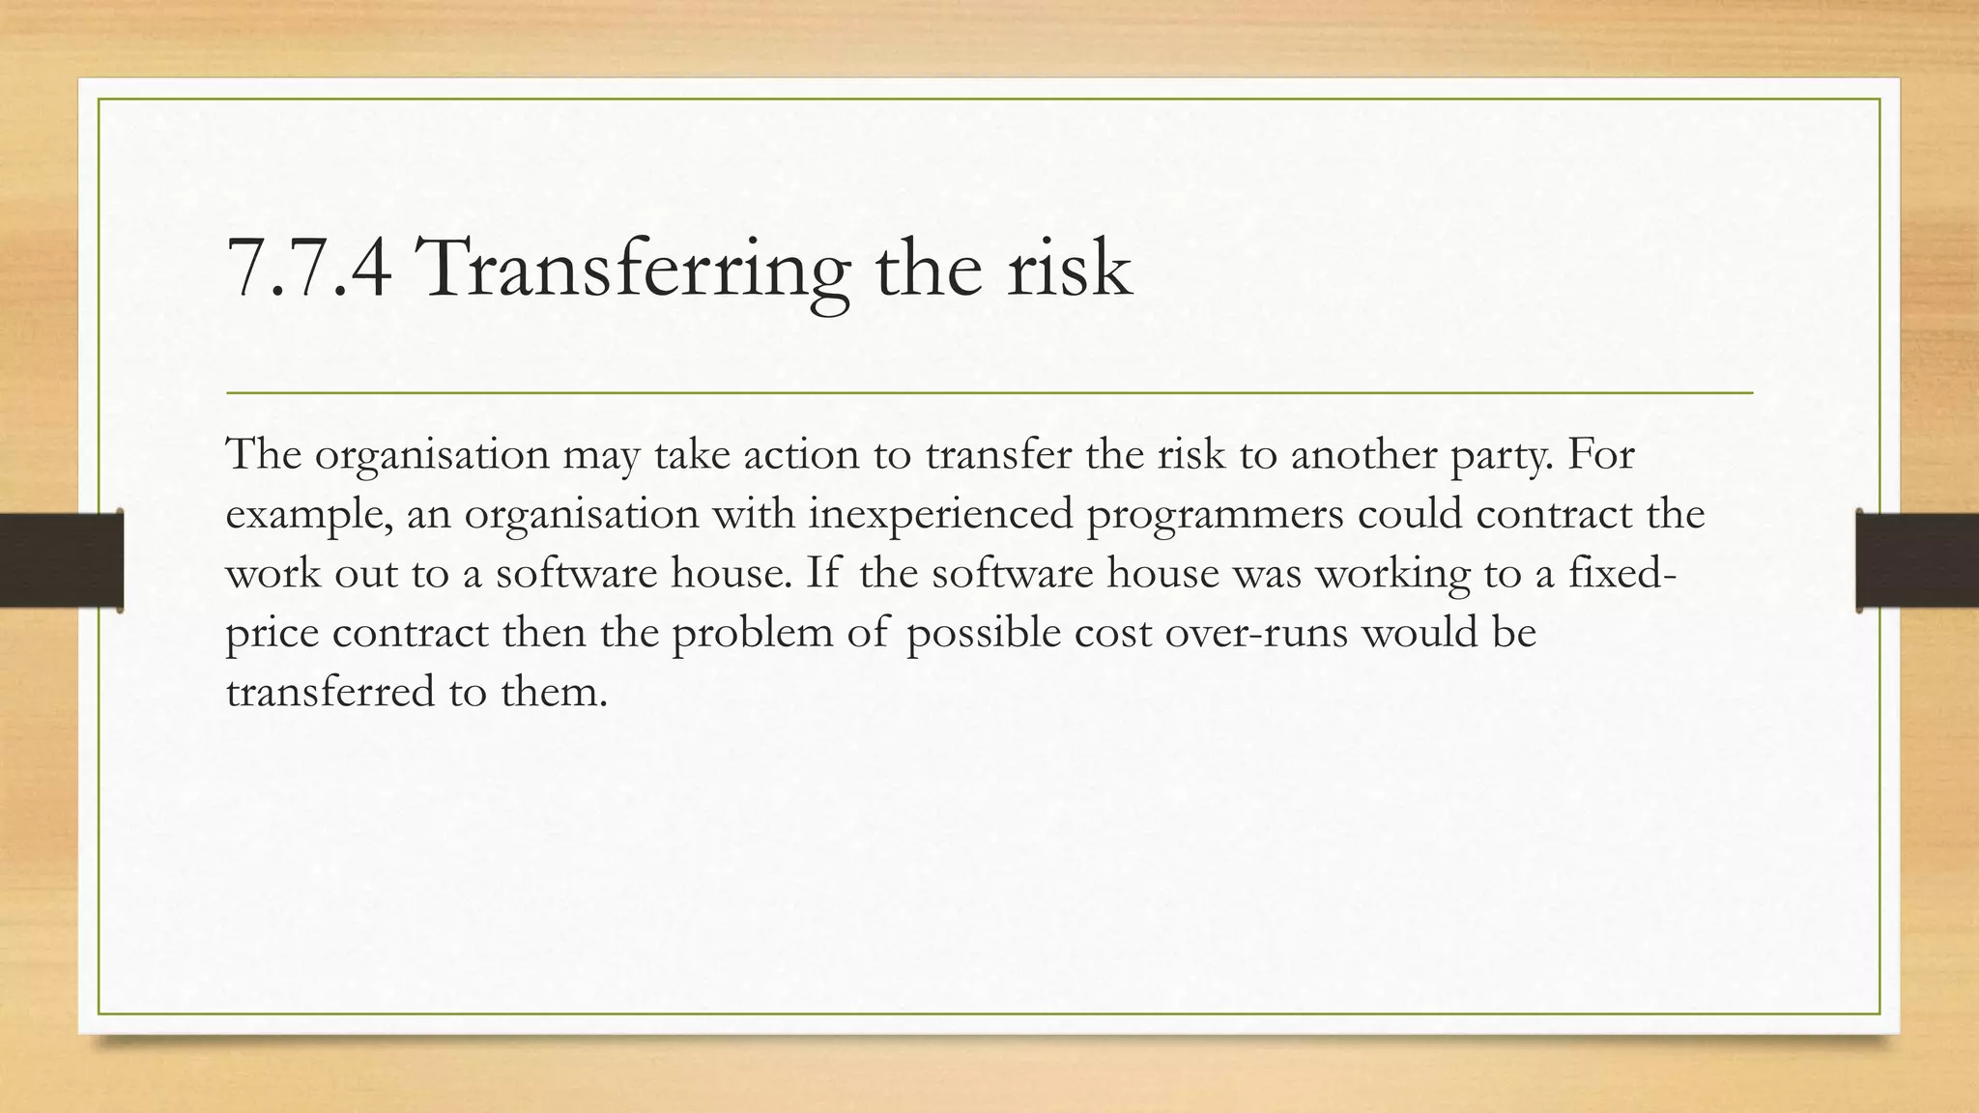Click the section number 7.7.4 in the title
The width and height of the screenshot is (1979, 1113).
click(x=309, y=269)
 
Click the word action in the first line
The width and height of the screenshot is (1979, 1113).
click(x=801, y=455)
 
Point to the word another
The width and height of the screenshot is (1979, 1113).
click(x=1363, y=455)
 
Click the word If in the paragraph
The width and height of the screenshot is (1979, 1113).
click(x=822, y=574)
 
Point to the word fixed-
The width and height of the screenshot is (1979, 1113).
click(x=1622, y=574)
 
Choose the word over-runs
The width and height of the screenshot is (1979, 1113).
click(x=1255, y=634)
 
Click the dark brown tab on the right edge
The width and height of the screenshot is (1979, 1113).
click(x=1918, y=560)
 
